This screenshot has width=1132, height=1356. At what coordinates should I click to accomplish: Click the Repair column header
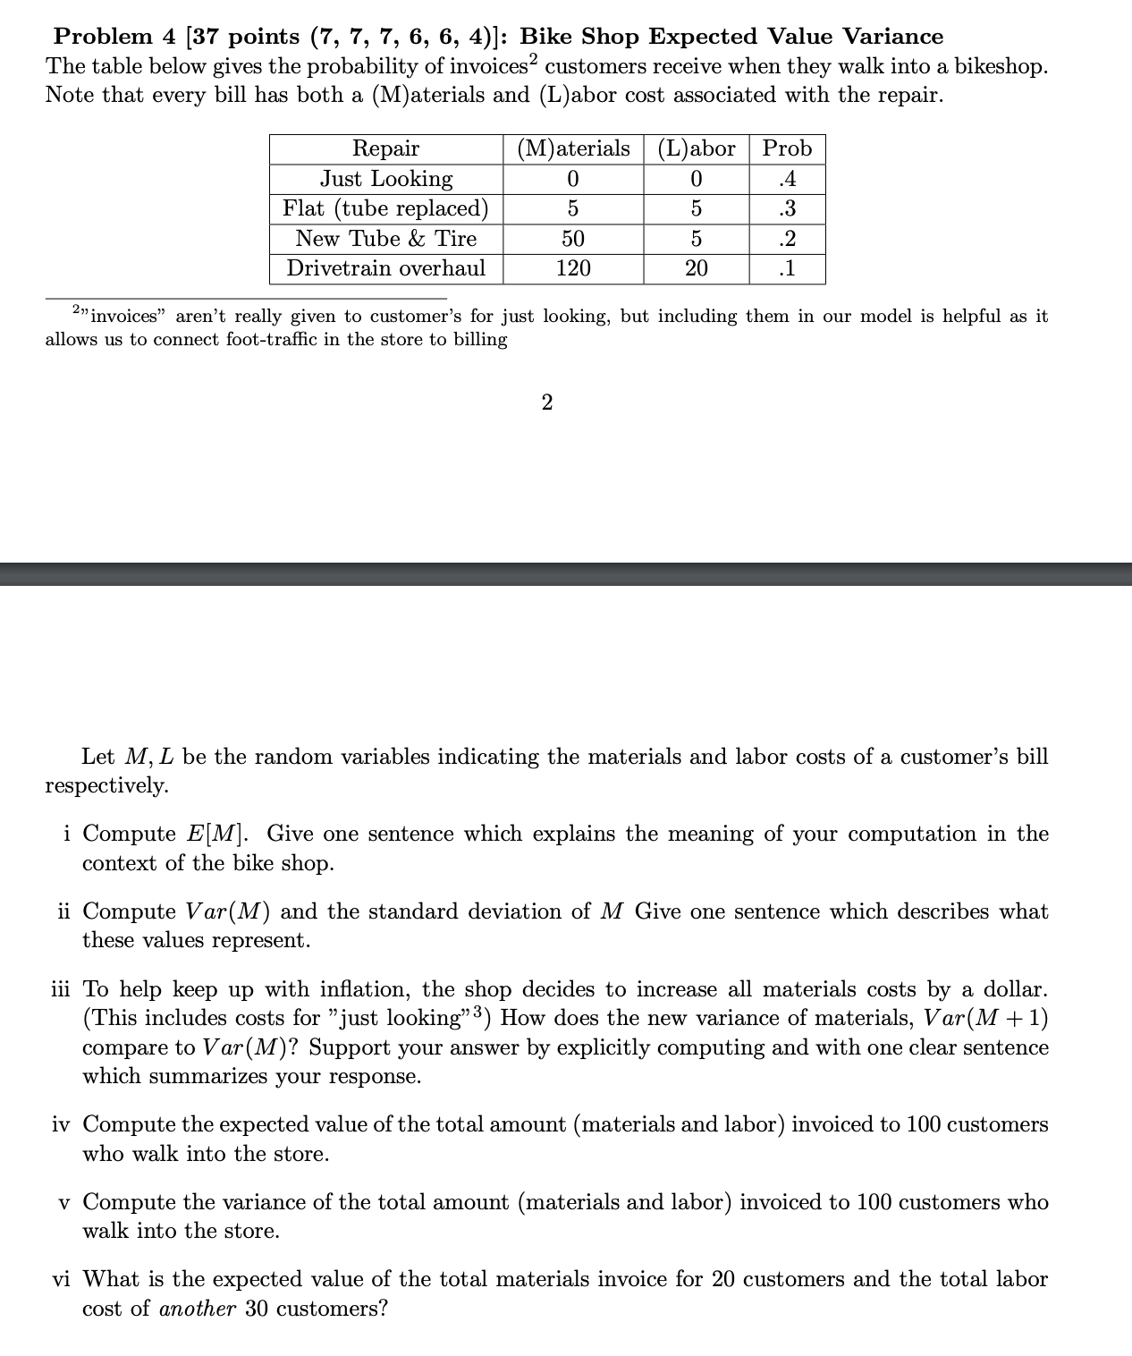[385, 148]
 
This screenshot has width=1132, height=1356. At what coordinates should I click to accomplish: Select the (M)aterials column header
[573, 148]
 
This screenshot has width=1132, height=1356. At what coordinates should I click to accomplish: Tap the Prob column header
[787, 148]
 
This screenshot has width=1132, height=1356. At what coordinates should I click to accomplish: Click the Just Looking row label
[385, 179]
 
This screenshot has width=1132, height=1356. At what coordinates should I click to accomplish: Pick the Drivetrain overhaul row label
[385, 268]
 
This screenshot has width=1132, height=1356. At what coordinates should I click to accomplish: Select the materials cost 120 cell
[573, 268]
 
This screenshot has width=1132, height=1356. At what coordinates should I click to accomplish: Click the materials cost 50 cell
[573, 239]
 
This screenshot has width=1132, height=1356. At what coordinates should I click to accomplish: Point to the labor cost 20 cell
[696, 268]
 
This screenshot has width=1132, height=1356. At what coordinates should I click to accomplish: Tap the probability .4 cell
[787, 179]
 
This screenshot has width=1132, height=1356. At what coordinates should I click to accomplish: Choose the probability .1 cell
[787, 268]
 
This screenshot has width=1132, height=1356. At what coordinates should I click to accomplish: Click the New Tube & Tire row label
[385, 239]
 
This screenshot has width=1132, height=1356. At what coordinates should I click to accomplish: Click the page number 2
[547, 403]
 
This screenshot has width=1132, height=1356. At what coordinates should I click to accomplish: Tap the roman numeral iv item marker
[61, 1124]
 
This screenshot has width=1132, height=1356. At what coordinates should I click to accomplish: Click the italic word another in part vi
[198, 1309]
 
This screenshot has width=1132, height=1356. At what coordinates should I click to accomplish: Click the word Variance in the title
[893, 37]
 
